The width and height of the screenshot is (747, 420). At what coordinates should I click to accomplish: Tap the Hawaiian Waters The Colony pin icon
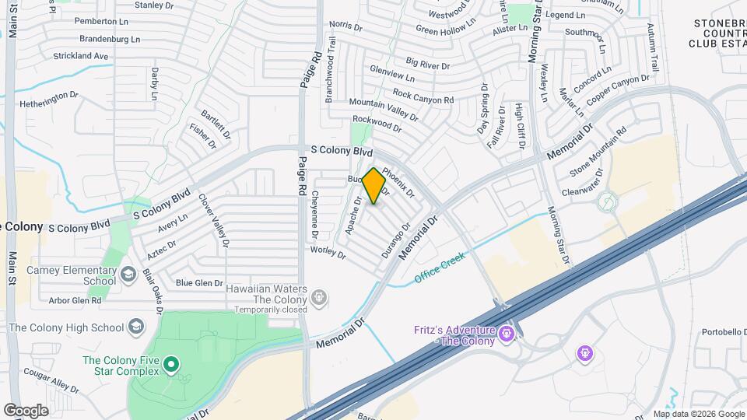coord(318,296)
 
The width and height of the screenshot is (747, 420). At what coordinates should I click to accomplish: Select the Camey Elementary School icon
coord(128,275)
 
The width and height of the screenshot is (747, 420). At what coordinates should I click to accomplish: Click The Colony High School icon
coord(137,326)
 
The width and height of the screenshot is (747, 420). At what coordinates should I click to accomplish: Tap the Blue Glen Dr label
coord(199,283)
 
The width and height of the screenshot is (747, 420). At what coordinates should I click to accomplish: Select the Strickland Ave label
coord(80,56)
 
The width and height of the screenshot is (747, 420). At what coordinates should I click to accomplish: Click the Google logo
coord(26,410)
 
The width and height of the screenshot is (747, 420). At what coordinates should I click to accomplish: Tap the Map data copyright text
coord(698,414)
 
